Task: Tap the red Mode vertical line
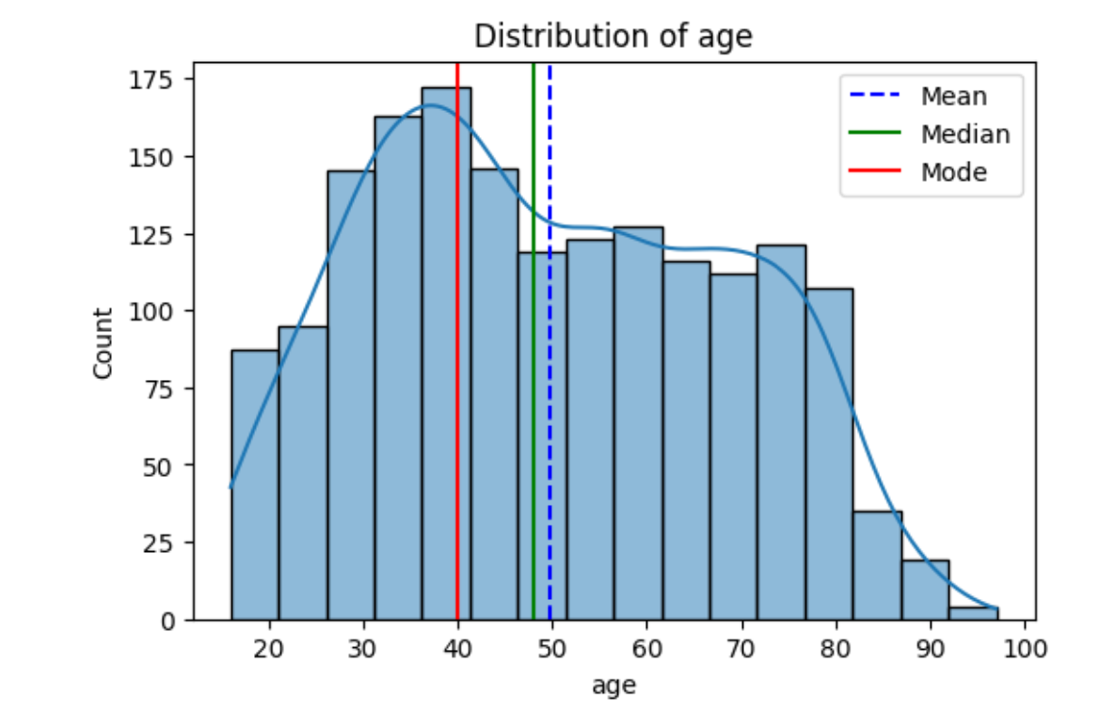(x=457, y=376)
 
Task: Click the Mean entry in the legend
(x=953, y=96)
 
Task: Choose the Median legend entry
(x=964, y=134)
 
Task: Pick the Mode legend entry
(x=953, y=173)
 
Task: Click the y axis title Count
(x=103, y=343)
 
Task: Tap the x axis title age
(x=613, y=686)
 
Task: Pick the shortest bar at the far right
(x=973, y=613)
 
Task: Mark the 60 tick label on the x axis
(x=648, y=648)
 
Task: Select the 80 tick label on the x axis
(x=837, y=648)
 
